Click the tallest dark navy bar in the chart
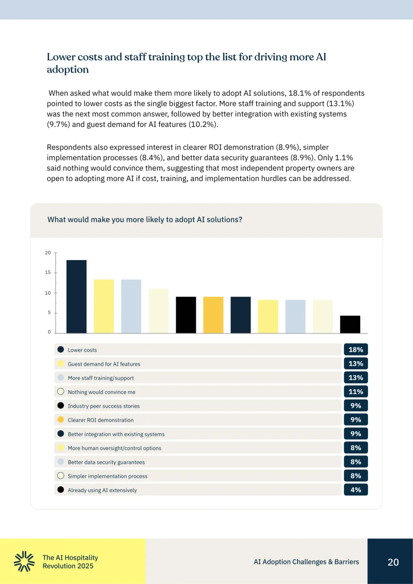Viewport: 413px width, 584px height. tap(76, 296)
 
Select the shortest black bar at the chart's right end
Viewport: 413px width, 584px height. tap(350, 324)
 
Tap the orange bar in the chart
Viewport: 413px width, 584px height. tap(213, 315)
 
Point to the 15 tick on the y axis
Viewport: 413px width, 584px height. tap(48, 273)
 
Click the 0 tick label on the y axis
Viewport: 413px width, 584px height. tap(49, 332)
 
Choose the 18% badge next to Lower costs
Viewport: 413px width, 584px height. tap(356, 350)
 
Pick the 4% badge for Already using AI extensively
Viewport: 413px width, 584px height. tap(356, 490)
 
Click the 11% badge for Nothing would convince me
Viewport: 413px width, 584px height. tap(356, 392)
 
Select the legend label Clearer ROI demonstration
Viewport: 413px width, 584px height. tap(101, 420)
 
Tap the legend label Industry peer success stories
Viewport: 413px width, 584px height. tap(104, 406)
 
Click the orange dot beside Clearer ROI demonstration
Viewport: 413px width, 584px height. tap(60, 420)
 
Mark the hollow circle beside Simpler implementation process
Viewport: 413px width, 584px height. tap(60, 476)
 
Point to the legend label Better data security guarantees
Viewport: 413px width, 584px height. tap(106, 462)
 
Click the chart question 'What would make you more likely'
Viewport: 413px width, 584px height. tap(145, 220)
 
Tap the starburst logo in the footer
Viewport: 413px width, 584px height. tap(24, 561)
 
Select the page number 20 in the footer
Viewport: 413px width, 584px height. tap(393, 562)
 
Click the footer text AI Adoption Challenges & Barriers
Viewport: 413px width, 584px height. tap(306, 562)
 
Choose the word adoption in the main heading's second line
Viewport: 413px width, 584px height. tap(68, 70)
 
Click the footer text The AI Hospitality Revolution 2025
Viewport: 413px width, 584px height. tap(70, 562)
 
